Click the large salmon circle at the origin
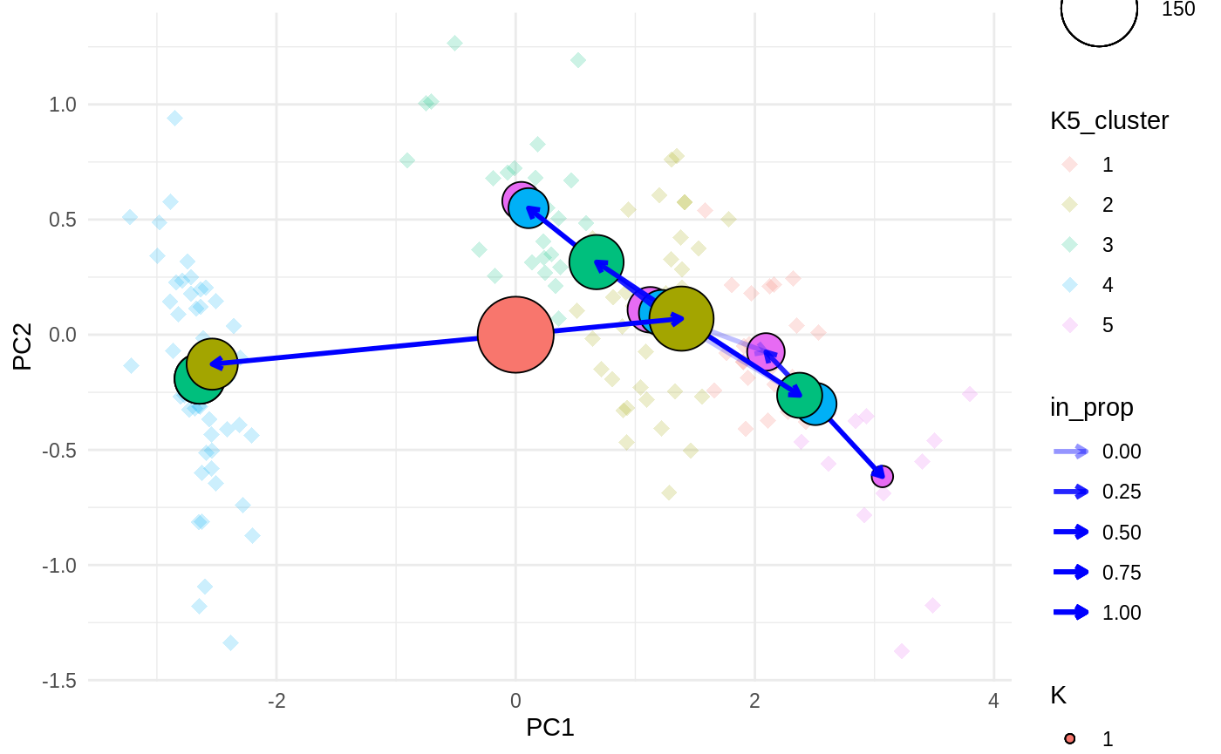515,335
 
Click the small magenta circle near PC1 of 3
882,476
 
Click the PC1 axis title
549,727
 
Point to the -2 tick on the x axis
276,700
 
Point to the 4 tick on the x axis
993,700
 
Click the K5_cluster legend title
1109,121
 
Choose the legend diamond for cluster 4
1070,285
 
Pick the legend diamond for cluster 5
1070,325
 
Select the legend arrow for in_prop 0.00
1070,451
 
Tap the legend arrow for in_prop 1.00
1070,612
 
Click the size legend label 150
1179,9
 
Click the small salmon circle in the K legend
1070,739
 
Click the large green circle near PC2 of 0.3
597,262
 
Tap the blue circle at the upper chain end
529,208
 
